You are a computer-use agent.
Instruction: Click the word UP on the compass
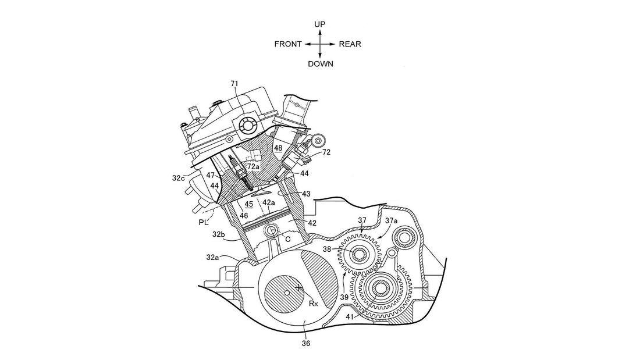[320, 24]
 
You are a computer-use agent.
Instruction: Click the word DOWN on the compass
[321, 64]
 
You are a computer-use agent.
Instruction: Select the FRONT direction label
[288, 44]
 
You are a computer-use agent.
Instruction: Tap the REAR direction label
[350, 44]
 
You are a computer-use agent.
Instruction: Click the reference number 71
[234, 84]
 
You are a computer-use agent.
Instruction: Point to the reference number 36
[306, 343]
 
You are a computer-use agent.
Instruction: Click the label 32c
[179, 179]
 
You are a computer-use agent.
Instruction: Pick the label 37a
[391, 221]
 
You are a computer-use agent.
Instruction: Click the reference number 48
[278, 148]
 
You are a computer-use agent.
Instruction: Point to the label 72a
[254, 167]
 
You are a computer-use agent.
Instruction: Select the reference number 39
[344, 297]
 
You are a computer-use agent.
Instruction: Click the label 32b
[219, 234]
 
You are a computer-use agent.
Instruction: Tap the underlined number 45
[248, 204]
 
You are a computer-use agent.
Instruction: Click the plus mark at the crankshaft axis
[298, 287]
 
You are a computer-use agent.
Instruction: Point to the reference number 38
[327, 248]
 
